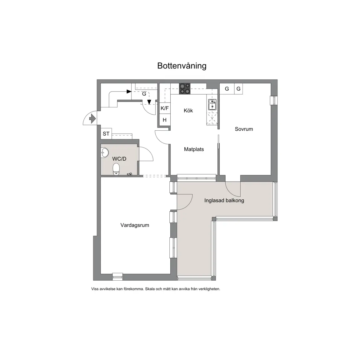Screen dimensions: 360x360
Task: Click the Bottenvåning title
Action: tap(182, 66)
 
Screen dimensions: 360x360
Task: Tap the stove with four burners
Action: tap(185, 89)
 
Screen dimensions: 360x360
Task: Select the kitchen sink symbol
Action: tap(212, 105)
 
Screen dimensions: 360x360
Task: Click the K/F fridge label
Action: tap(165, 108)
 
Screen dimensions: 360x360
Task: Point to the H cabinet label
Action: tap(165, 120)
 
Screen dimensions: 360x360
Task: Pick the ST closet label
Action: tap(106, 134)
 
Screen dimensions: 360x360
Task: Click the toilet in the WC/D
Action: tap(116, 169)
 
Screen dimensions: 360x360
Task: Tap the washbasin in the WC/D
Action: tap(105, 153)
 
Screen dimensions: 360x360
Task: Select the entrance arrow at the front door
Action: tap(92, 119)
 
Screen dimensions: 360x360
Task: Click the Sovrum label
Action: tap(244, 129)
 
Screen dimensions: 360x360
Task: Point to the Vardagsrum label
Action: tap(135, 225)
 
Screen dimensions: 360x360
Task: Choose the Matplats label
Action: tap(194, 149)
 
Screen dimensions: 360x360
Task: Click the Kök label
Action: tap(188, 111)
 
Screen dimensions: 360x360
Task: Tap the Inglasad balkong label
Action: tap(224, 200)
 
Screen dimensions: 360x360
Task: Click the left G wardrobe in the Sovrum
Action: tap(227, 89)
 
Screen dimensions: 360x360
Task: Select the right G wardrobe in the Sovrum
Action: tap(238, 89)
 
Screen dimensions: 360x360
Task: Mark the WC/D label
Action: tap(119, 159)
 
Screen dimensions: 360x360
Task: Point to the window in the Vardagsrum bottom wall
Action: tap(117, 277)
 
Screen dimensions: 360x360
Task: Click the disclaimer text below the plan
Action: tap(156, 289)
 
